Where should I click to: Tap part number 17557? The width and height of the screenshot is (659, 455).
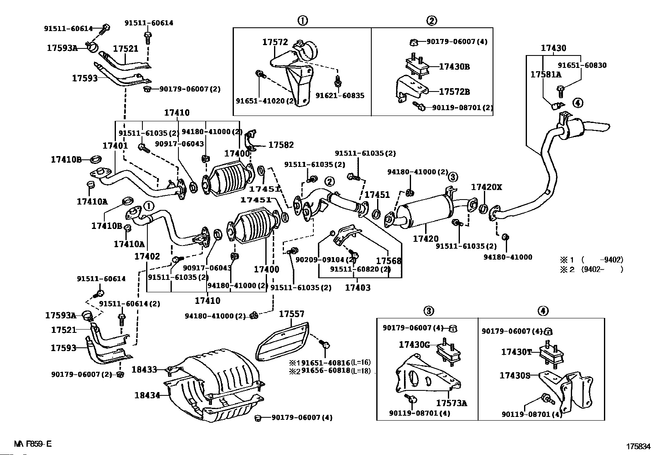coord(291,314)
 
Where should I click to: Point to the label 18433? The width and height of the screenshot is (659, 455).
coord(144,368)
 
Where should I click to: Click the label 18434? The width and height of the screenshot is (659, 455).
coord(147,395)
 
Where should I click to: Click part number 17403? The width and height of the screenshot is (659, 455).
coord(358,287)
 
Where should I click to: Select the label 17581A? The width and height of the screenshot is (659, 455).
coord(546,75)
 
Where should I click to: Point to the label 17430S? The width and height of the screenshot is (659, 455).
coord(515,376)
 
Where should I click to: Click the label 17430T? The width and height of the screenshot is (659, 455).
coord(516,352)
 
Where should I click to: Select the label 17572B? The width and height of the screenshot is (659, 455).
coord(454,92)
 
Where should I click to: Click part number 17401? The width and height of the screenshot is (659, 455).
coord(115,146)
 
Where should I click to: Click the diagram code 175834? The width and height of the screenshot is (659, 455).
coord(639,447)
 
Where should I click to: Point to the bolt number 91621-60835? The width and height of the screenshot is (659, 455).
coord(340,96)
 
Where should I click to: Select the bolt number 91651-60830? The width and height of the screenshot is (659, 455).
coord(582,65)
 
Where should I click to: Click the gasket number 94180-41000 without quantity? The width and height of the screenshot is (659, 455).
coord(507,257)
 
